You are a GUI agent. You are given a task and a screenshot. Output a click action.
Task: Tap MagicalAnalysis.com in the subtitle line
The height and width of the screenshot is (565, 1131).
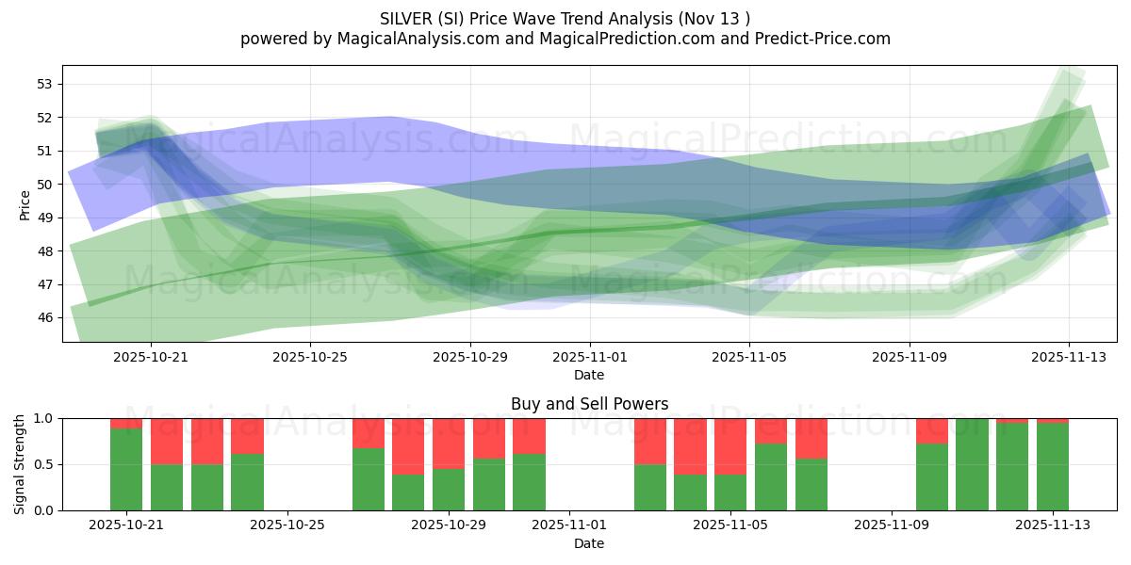click(411, 39)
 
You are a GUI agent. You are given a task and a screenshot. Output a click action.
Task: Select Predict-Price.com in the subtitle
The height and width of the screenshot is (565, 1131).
click(821, 39)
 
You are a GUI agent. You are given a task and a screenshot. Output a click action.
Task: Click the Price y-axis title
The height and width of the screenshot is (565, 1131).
click(25, 203)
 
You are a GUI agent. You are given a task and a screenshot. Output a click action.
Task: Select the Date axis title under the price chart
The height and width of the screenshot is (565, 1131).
click(589, 375)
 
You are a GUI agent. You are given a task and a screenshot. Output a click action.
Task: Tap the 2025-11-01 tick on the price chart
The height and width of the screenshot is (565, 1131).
click(590, 357)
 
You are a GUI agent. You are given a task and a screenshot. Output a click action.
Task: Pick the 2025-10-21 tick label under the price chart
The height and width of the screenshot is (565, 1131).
click(151, 357)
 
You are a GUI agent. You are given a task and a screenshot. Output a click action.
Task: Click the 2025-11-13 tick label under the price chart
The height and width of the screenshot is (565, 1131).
click(1068, 357)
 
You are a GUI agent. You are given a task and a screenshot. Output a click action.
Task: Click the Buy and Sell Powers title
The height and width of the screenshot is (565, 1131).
click(589, 404)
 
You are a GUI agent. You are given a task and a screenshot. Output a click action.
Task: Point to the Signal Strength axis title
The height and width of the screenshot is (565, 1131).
click(20, 464)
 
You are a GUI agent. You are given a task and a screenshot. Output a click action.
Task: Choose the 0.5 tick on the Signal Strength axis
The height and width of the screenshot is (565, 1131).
click(42, 464)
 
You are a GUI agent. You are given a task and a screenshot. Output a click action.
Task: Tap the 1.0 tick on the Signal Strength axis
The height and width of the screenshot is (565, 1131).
click(42, 418)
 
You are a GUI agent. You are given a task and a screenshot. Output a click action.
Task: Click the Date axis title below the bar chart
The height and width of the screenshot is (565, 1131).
click(589, 543)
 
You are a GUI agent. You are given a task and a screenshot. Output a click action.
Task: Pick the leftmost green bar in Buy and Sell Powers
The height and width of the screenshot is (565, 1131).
click(126, 469)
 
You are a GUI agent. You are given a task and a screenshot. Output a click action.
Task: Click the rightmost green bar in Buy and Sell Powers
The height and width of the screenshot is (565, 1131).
click(1053, 466)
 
